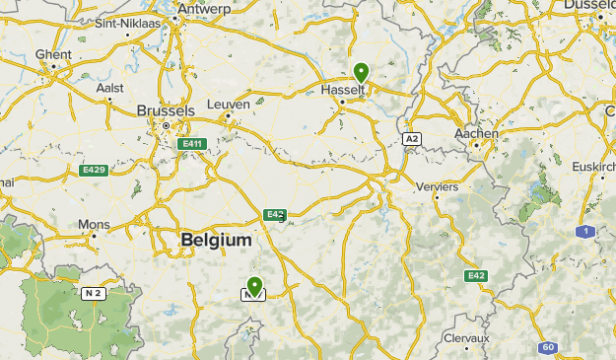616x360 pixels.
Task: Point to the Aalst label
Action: [110, 87]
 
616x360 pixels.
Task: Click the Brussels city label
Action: [166, 110]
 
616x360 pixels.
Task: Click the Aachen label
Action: [476, 133]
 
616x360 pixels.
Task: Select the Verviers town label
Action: [440, 185]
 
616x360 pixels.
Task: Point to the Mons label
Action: [95, 224]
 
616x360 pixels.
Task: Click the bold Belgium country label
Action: [216, 240]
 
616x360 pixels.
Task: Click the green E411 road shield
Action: [191, 144]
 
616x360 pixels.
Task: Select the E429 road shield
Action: [93, 171]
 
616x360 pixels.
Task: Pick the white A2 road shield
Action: [412, 139]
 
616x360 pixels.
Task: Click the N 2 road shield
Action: [93, 293]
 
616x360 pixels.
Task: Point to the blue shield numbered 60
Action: [548, 347]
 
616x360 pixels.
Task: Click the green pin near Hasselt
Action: [362, 73]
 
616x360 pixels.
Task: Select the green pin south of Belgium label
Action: [254, 286]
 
